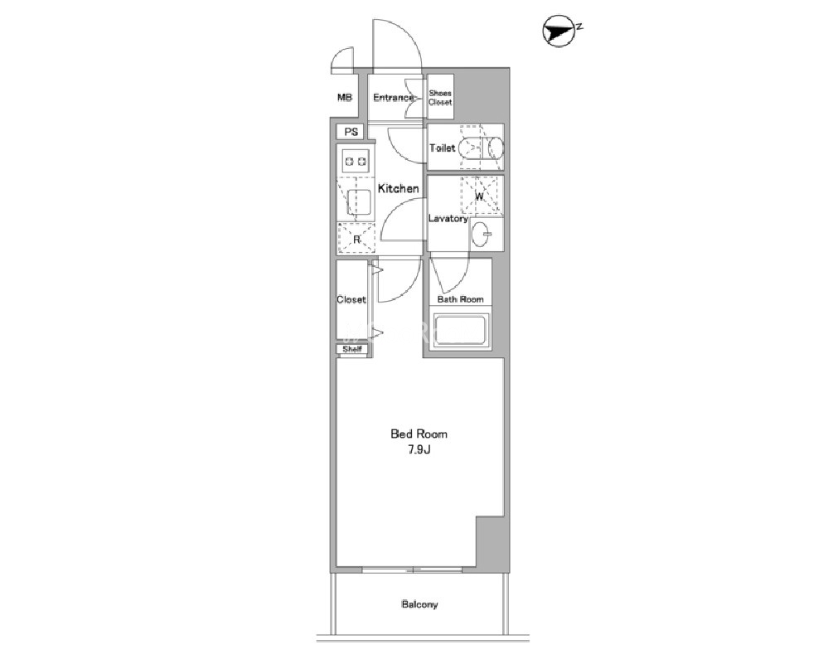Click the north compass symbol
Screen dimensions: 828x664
pos(559,32)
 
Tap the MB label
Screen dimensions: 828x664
pos(344,98)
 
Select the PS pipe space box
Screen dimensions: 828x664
pos(351,132)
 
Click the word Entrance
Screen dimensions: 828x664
pos(393,98)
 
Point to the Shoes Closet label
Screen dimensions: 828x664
pos(440,98)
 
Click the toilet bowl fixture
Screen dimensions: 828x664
pos(481,148)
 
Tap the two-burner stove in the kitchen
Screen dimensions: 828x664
pos(356,162)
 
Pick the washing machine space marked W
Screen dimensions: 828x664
pos(480,196)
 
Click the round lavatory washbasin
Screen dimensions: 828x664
pos(481,234)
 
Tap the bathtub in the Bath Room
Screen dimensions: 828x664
pos(459,332)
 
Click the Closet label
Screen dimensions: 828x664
pos(351,299)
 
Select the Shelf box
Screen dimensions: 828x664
pos(352,349)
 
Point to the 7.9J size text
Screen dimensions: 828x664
pos(419,450)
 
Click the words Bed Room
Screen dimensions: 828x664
pos(419,434)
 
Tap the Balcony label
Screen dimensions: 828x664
pos(419,604)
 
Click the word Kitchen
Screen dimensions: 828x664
pos(398,188)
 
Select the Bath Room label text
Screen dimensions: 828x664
pos(461,299)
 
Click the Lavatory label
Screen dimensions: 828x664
pos(448,219)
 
